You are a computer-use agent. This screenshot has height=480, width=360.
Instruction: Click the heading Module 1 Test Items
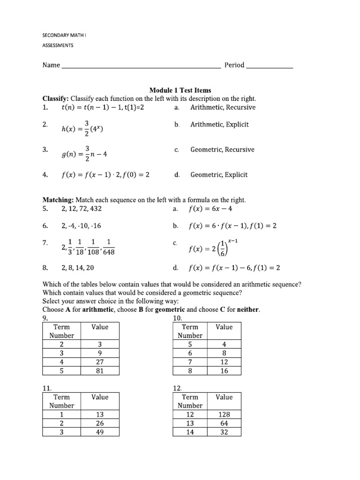(x=180, y=90)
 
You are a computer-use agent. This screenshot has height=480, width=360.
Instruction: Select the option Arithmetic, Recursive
(x=223, y=107)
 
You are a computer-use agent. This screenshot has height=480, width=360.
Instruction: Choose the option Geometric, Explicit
(x=219, y=175)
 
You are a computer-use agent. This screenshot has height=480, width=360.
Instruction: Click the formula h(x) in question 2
(x=82, y=128)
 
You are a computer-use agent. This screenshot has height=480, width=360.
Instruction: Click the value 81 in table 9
(x=100, y=371)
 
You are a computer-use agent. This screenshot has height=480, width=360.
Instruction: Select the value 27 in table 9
(x=100, y=362)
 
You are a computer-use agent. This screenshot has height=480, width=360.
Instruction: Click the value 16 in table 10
(x=224, y=371)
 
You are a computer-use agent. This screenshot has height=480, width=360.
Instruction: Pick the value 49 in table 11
(x=100, y=432)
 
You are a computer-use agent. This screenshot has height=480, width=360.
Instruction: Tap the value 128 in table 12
(x=224, y=414)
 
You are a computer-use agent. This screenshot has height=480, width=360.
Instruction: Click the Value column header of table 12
(x=224, y=397)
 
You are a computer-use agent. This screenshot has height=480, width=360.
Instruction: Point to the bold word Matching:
(x=58, y=200)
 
